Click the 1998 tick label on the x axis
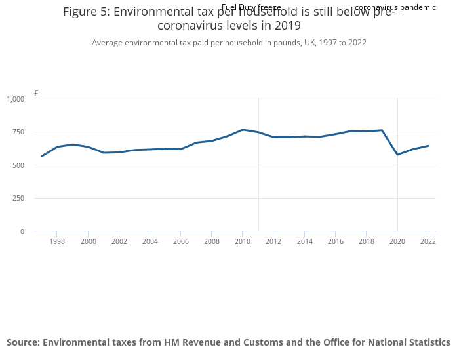pos(57,242)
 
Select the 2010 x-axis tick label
pos(243,242)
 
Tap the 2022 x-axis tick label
pos(428,242)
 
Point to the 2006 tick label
pos(181,242)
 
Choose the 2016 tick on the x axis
pos(335,242)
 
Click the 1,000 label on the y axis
pos(16,99)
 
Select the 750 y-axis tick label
pos(18,132)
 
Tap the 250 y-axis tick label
pos(18,199)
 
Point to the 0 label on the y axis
pos(22,231)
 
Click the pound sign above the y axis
pos(36,94)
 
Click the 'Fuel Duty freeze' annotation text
pos(251,7)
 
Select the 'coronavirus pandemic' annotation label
pos(395,7)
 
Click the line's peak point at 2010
pos(243,130)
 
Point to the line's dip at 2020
pos(397,155)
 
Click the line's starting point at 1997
pos(42,156)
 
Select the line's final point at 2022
pos(428,146)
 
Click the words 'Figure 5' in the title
pos(84,12)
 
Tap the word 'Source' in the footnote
pos(22,342)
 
